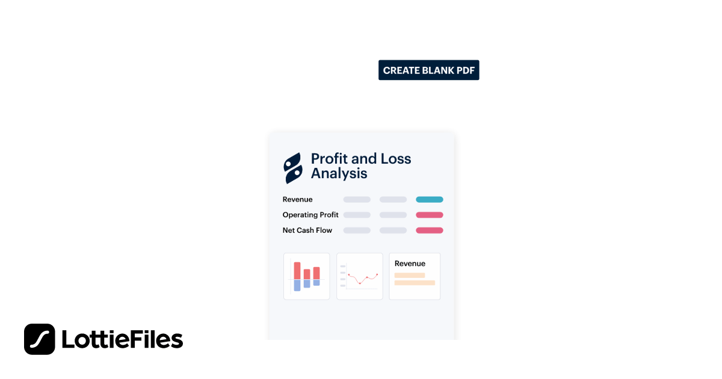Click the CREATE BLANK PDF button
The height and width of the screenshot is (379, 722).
click(428, 70)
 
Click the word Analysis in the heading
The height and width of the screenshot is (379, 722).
click(339, 174)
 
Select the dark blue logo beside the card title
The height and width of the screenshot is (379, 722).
click(293, 168)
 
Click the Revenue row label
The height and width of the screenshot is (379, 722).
click(297, 200)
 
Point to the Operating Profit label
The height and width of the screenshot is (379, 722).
click(310, 215)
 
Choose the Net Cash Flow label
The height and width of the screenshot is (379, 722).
click(307, 230)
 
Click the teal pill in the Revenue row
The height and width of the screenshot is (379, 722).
click(429, 200)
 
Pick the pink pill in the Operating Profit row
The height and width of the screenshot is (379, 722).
click(429, 215)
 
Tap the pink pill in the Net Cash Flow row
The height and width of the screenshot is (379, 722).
click(429, 230)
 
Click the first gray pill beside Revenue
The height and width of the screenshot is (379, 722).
click(357, 200)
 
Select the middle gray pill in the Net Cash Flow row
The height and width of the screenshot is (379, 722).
click(393, 230)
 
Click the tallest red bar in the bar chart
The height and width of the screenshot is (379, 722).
click(297, 270)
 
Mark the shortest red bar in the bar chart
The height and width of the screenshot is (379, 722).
click(307, 274)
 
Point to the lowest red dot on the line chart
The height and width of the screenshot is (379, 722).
click(360, 283)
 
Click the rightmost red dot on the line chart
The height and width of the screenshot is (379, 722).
click(377, 275)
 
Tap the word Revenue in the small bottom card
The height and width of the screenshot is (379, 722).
click(410, 263)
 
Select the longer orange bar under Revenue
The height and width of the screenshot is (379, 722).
click(415, 283)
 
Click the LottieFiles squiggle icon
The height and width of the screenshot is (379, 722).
click(40, 339)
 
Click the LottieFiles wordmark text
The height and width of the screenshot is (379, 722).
click(122, 339)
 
